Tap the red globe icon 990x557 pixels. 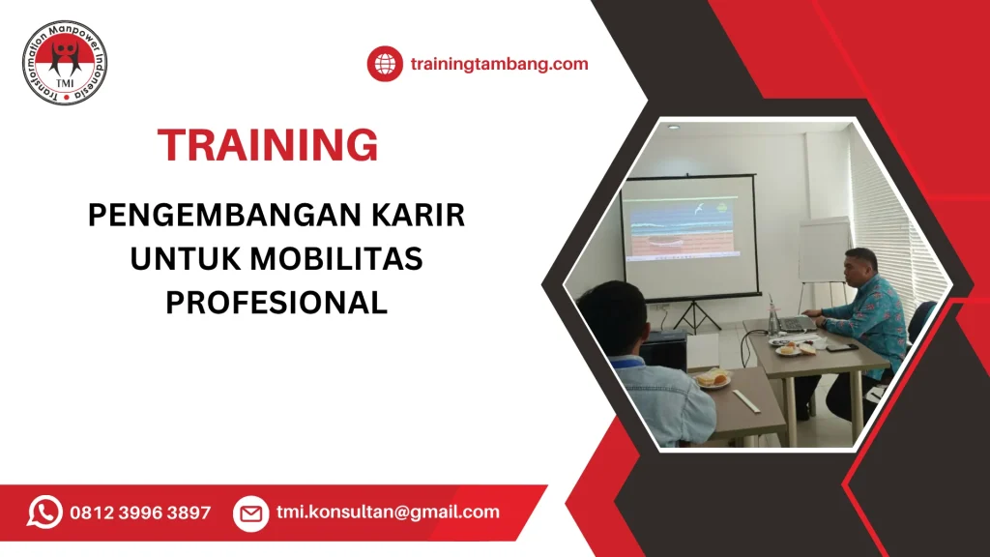384,64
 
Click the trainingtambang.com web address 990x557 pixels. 499,64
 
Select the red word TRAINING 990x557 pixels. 268,145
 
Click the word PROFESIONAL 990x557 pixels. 277,303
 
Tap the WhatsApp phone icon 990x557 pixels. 44,512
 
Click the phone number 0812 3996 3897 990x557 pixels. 140,513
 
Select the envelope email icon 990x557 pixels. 250,513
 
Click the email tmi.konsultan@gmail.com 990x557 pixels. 388,513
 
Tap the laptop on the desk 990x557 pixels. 796,324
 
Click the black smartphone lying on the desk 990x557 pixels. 838,346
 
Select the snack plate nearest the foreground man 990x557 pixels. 713,379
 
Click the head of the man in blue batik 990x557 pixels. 859,266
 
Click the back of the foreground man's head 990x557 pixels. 610,319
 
